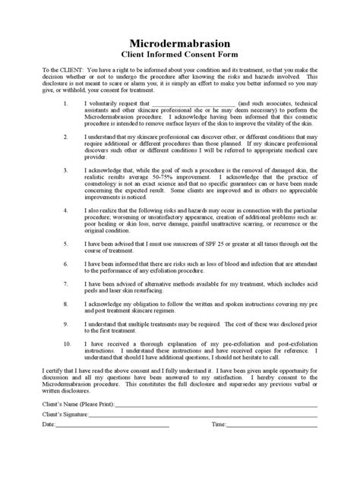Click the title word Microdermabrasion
click(x=180, y=44)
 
